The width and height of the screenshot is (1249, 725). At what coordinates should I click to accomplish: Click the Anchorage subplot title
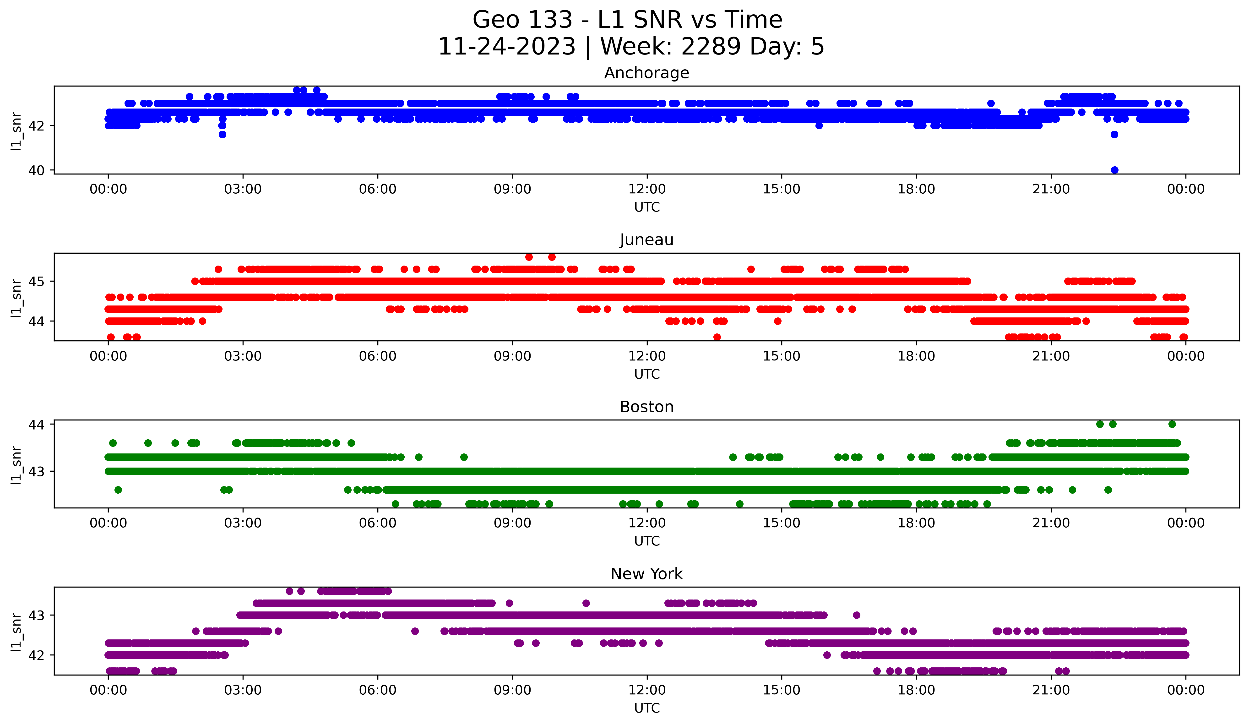point(646,73)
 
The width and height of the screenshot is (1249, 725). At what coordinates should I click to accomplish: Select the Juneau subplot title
point(646,240)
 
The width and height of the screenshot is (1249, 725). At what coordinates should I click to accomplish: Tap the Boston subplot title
point(646,407)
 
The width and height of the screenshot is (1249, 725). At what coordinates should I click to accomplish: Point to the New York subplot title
point(646,574)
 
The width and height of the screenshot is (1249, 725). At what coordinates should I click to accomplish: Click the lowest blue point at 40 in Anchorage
point(1115,170)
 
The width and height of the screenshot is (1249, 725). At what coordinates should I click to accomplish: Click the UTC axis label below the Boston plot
point(647,541)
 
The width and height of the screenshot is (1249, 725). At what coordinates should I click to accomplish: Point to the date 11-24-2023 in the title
point(506,47)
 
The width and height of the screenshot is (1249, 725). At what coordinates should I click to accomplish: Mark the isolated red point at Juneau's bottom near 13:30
point(717,337)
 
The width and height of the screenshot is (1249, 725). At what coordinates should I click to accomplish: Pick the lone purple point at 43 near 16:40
point(857,615)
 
